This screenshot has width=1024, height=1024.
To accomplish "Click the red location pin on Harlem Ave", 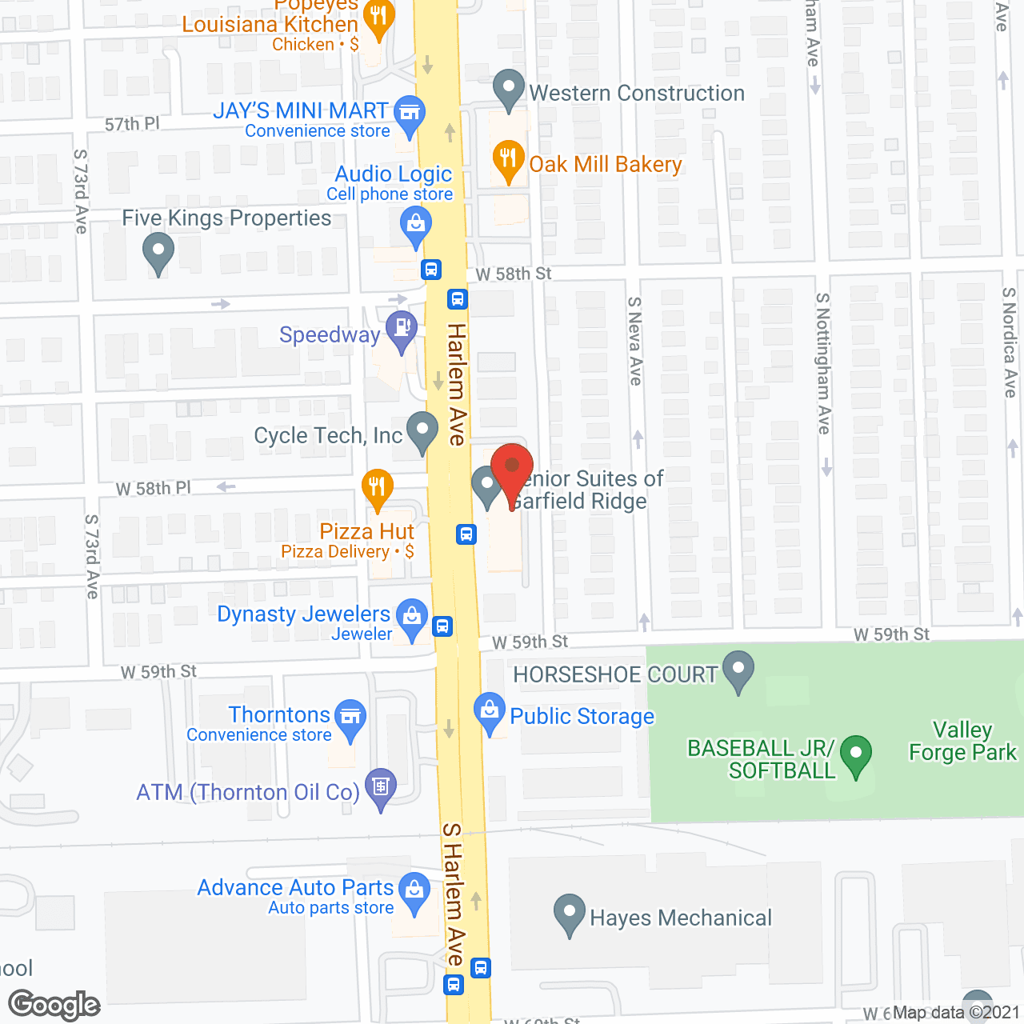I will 512,467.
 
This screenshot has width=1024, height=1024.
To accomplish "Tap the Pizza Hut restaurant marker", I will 377,486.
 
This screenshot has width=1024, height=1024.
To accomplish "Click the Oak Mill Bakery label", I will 606,165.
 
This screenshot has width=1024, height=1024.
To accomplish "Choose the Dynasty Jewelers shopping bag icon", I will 412,617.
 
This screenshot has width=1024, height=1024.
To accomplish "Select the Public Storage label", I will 582,717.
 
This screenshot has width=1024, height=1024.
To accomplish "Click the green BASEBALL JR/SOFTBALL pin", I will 856,754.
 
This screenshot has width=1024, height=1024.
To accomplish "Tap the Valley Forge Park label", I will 962,742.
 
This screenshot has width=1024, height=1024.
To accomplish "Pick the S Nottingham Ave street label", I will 823,364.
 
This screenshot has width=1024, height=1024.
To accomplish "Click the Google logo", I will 54,1005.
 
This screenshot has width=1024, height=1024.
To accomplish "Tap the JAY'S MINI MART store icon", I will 410,113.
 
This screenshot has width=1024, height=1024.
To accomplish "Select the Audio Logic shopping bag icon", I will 416,224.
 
